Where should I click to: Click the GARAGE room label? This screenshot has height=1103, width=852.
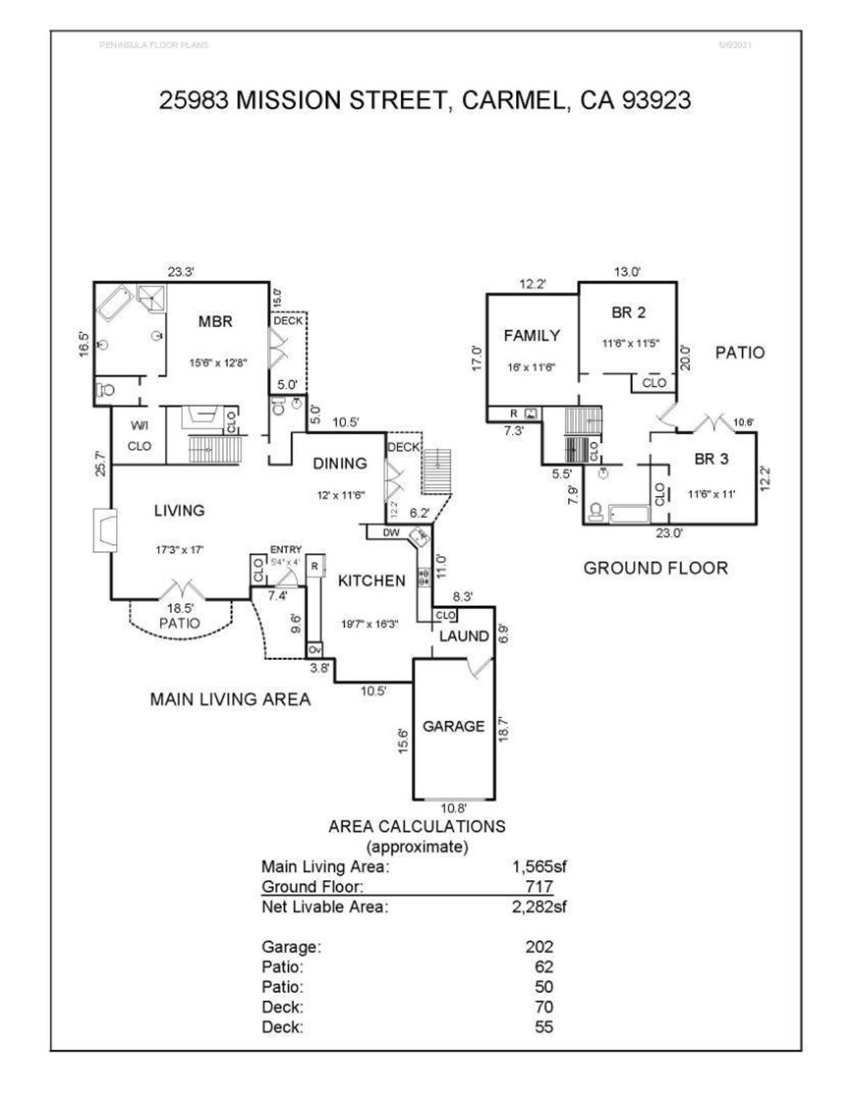[453, 726]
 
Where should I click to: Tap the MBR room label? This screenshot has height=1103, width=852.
[216, 322]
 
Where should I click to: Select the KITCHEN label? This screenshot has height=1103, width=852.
[371, 581]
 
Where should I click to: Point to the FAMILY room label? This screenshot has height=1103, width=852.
[531, 336]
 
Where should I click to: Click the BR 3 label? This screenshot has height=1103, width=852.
[711, 459]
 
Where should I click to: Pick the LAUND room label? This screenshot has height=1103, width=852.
[464, 636]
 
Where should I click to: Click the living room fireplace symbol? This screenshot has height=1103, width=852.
[105, 530]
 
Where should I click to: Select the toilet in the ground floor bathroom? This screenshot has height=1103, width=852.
[596, 512]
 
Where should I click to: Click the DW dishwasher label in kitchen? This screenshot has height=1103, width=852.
[391, 532]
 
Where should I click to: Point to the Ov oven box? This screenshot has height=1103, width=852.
[315, 649]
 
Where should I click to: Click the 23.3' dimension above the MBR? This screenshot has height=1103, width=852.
[180, 272]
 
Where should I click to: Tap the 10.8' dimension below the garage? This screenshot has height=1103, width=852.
[454, 809]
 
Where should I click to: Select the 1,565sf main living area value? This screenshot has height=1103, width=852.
[539, 867]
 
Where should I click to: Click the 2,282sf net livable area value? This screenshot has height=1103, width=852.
[539, 907]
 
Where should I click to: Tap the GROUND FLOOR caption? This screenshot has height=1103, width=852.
[656, 568]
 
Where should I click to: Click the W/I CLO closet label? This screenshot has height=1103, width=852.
[139, 436]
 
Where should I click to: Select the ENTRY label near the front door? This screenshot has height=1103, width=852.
[286, 550]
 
